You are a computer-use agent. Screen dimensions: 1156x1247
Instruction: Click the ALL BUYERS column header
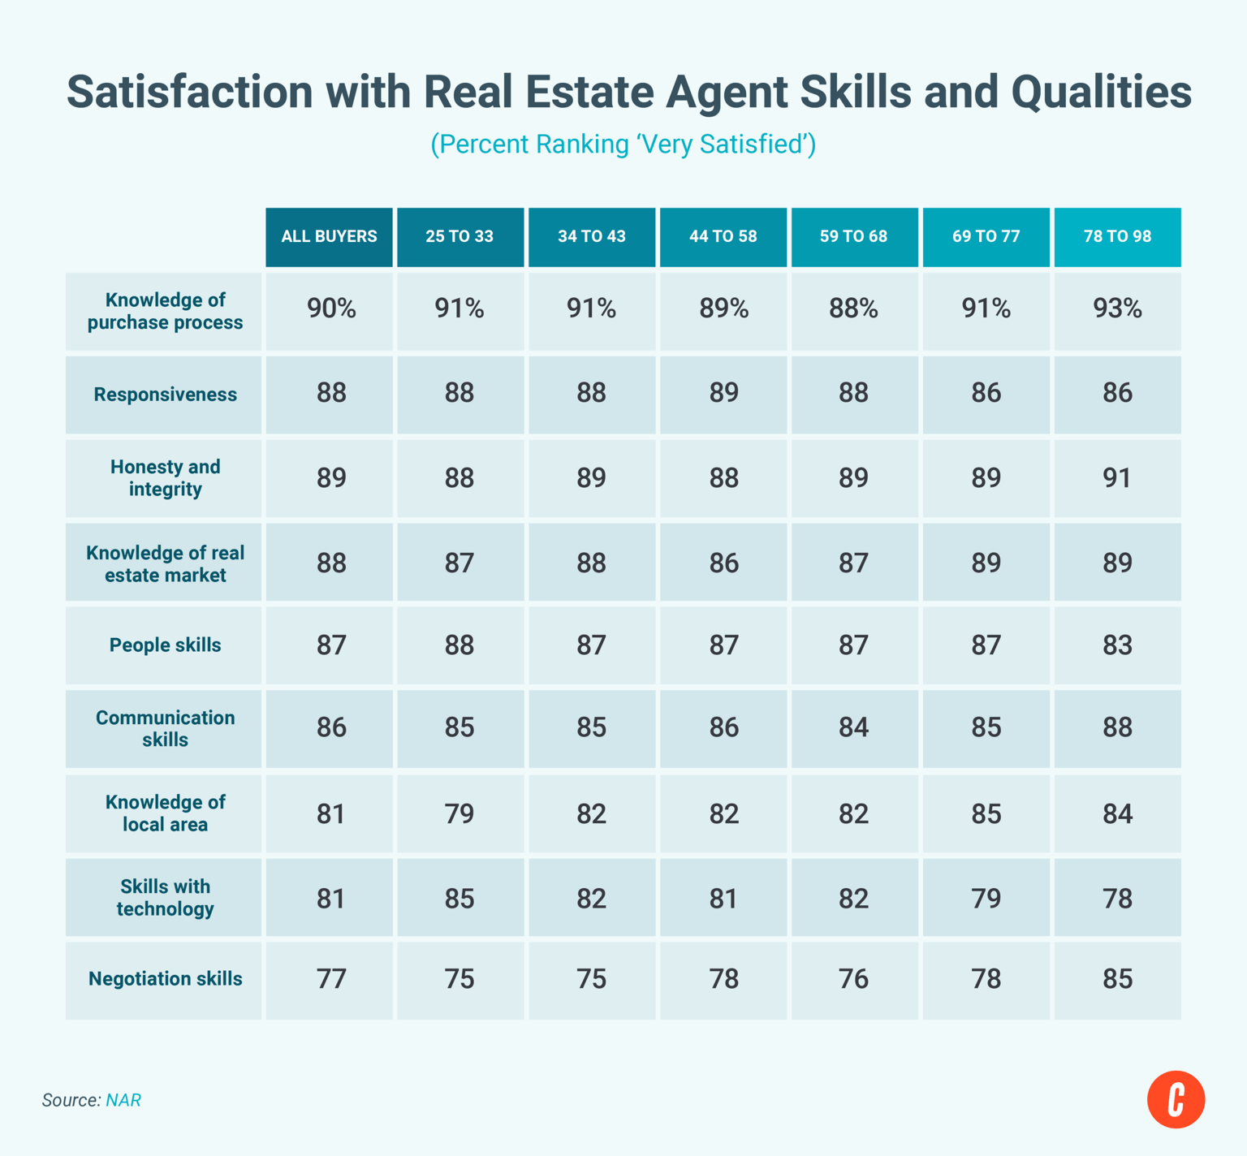point(329,236)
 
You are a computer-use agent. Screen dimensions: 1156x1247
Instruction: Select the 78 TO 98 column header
point(1117,236)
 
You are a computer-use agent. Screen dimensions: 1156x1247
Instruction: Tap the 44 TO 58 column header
point(723,236)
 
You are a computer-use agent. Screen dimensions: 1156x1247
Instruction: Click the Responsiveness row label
point(165,395)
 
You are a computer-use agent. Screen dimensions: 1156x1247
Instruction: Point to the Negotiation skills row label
point(165,979)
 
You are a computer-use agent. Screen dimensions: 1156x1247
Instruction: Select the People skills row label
point(165,645)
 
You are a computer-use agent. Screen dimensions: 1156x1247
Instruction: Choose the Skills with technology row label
point(165,898)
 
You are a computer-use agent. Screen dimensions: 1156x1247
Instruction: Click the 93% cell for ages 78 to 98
point(1117,309)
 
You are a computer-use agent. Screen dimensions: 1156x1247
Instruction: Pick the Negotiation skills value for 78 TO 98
point(1117,979)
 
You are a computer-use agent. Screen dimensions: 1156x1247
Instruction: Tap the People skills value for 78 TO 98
point(1117,645)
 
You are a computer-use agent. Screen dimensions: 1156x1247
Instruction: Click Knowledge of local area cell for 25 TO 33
point(460,813)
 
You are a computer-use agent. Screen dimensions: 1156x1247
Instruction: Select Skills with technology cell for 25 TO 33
point(460,899)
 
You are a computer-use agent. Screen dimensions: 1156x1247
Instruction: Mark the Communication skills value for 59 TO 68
point(853,727)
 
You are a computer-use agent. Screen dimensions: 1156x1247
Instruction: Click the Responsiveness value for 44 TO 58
point(723,394)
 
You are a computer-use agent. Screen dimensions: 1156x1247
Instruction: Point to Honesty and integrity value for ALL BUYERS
point(330,478)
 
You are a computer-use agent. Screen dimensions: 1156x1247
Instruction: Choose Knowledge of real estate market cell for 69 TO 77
point(986,563)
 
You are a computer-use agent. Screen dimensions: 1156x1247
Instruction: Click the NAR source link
point(123,1100)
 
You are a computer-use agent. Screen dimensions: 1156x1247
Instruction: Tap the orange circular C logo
point(1176,1099)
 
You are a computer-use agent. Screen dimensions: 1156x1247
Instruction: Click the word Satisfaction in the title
point(189,92)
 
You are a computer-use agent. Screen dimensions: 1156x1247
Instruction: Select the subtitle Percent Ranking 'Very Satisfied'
point(623,144)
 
